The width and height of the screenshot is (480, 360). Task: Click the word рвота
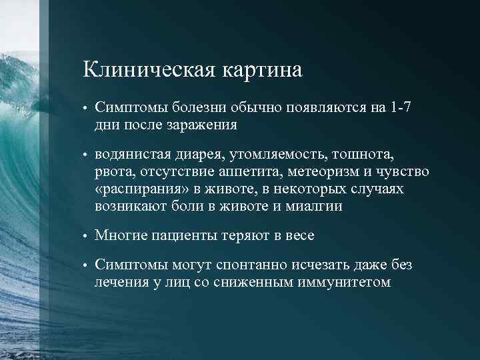113,173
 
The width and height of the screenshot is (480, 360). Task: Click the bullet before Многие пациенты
86,237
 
